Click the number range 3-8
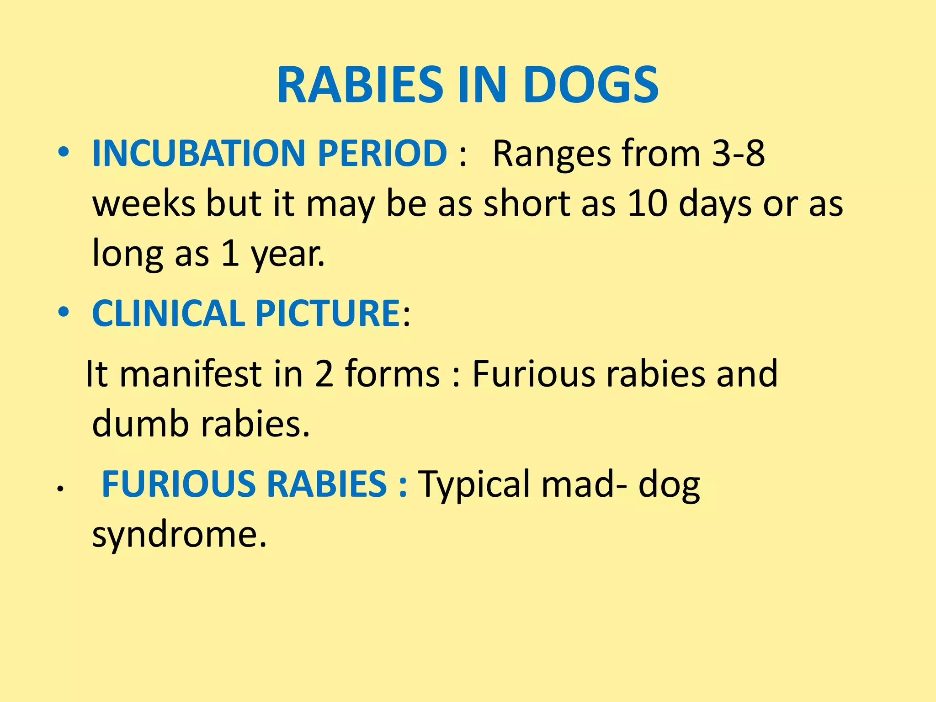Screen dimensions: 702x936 click(x=739, y=153)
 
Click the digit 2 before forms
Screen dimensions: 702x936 click(x=324, y=374)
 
